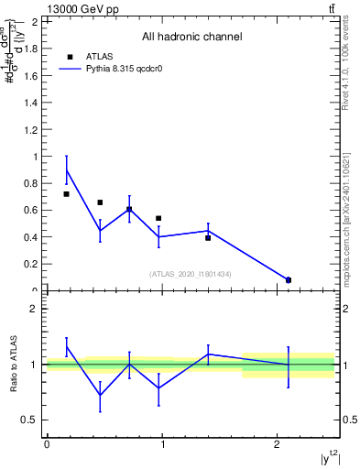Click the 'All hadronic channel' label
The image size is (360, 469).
click(x=191, y=38)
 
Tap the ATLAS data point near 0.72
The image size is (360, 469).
click(x=67, y=194)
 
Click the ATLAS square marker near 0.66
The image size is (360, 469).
click(x=100, y=202)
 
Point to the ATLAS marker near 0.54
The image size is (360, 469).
click(x=158, y=218)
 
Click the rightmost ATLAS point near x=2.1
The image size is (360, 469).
click(x=289, y=280)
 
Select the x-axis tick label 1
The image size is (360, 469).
click(x=162, y=444)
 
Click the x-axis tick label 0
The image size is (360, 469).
click(x=47, y=444)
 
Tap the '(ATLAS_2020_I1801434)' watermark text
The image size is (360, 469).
click(x=191, y=274)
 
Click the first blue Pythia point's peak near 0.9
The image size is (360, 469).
click(x=67, y=169)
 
